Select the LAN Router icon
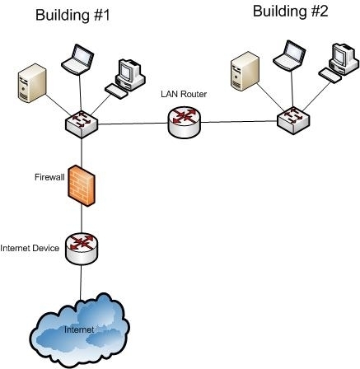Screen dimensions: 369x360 pyautogui.click(x=183, y=124)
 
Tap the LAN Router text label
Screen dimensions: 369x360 pyautogui.click(x=184, y=95)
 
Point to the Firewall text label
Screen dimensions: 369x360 pyautogui.click(x=49, y=176)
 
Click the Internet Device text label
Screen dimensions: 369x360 pyautogui.click(x=30, y=248)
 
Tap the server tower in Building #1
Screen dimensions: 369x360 pyautogui.click(x=29, y=84)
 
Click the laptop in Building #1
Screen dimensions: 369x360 pyautogui.click(x=78, y=59)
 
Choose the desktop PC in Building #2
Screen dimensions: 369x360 pyautogui.click(x=338, y=62)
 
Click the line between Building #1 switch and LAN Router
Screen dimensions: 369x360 pyautogui.click(x=133, y=124)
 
